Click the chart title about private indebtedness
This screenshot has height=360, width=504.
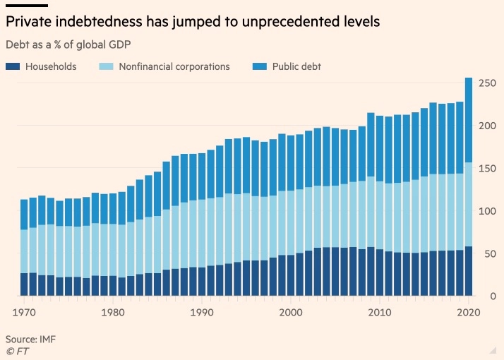(193, 22)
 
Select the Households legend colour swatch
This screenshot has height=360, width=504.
(13, 66)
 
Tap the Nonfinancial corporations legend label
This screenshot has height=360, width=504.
(174, 66)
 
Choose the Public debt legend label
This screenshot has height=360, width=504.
(296, 66)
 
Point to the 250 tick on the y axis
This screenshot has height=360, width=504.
(486, 84)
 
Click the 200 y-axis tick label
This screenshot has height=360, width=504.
(486, 126)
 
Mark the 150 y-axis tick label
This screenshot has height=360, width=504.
(486, 169)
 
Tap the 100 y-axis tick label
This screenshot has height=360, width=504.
(486, 211)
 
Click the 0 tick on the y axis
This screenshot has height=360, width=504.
(491, 296)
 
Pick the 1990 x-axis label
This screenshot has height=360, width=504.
(202, 311)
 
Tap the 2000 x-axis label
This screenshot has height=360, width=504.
(291, 311)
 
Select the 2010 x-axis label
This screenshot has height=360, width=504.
(379, 311)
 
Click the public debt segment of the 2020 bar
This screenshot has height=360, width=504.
(469, 120)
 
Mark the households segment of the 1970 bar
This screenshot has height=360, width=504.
(25, 284)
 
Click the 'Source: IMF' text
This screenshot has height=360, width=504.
(30, 340)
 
